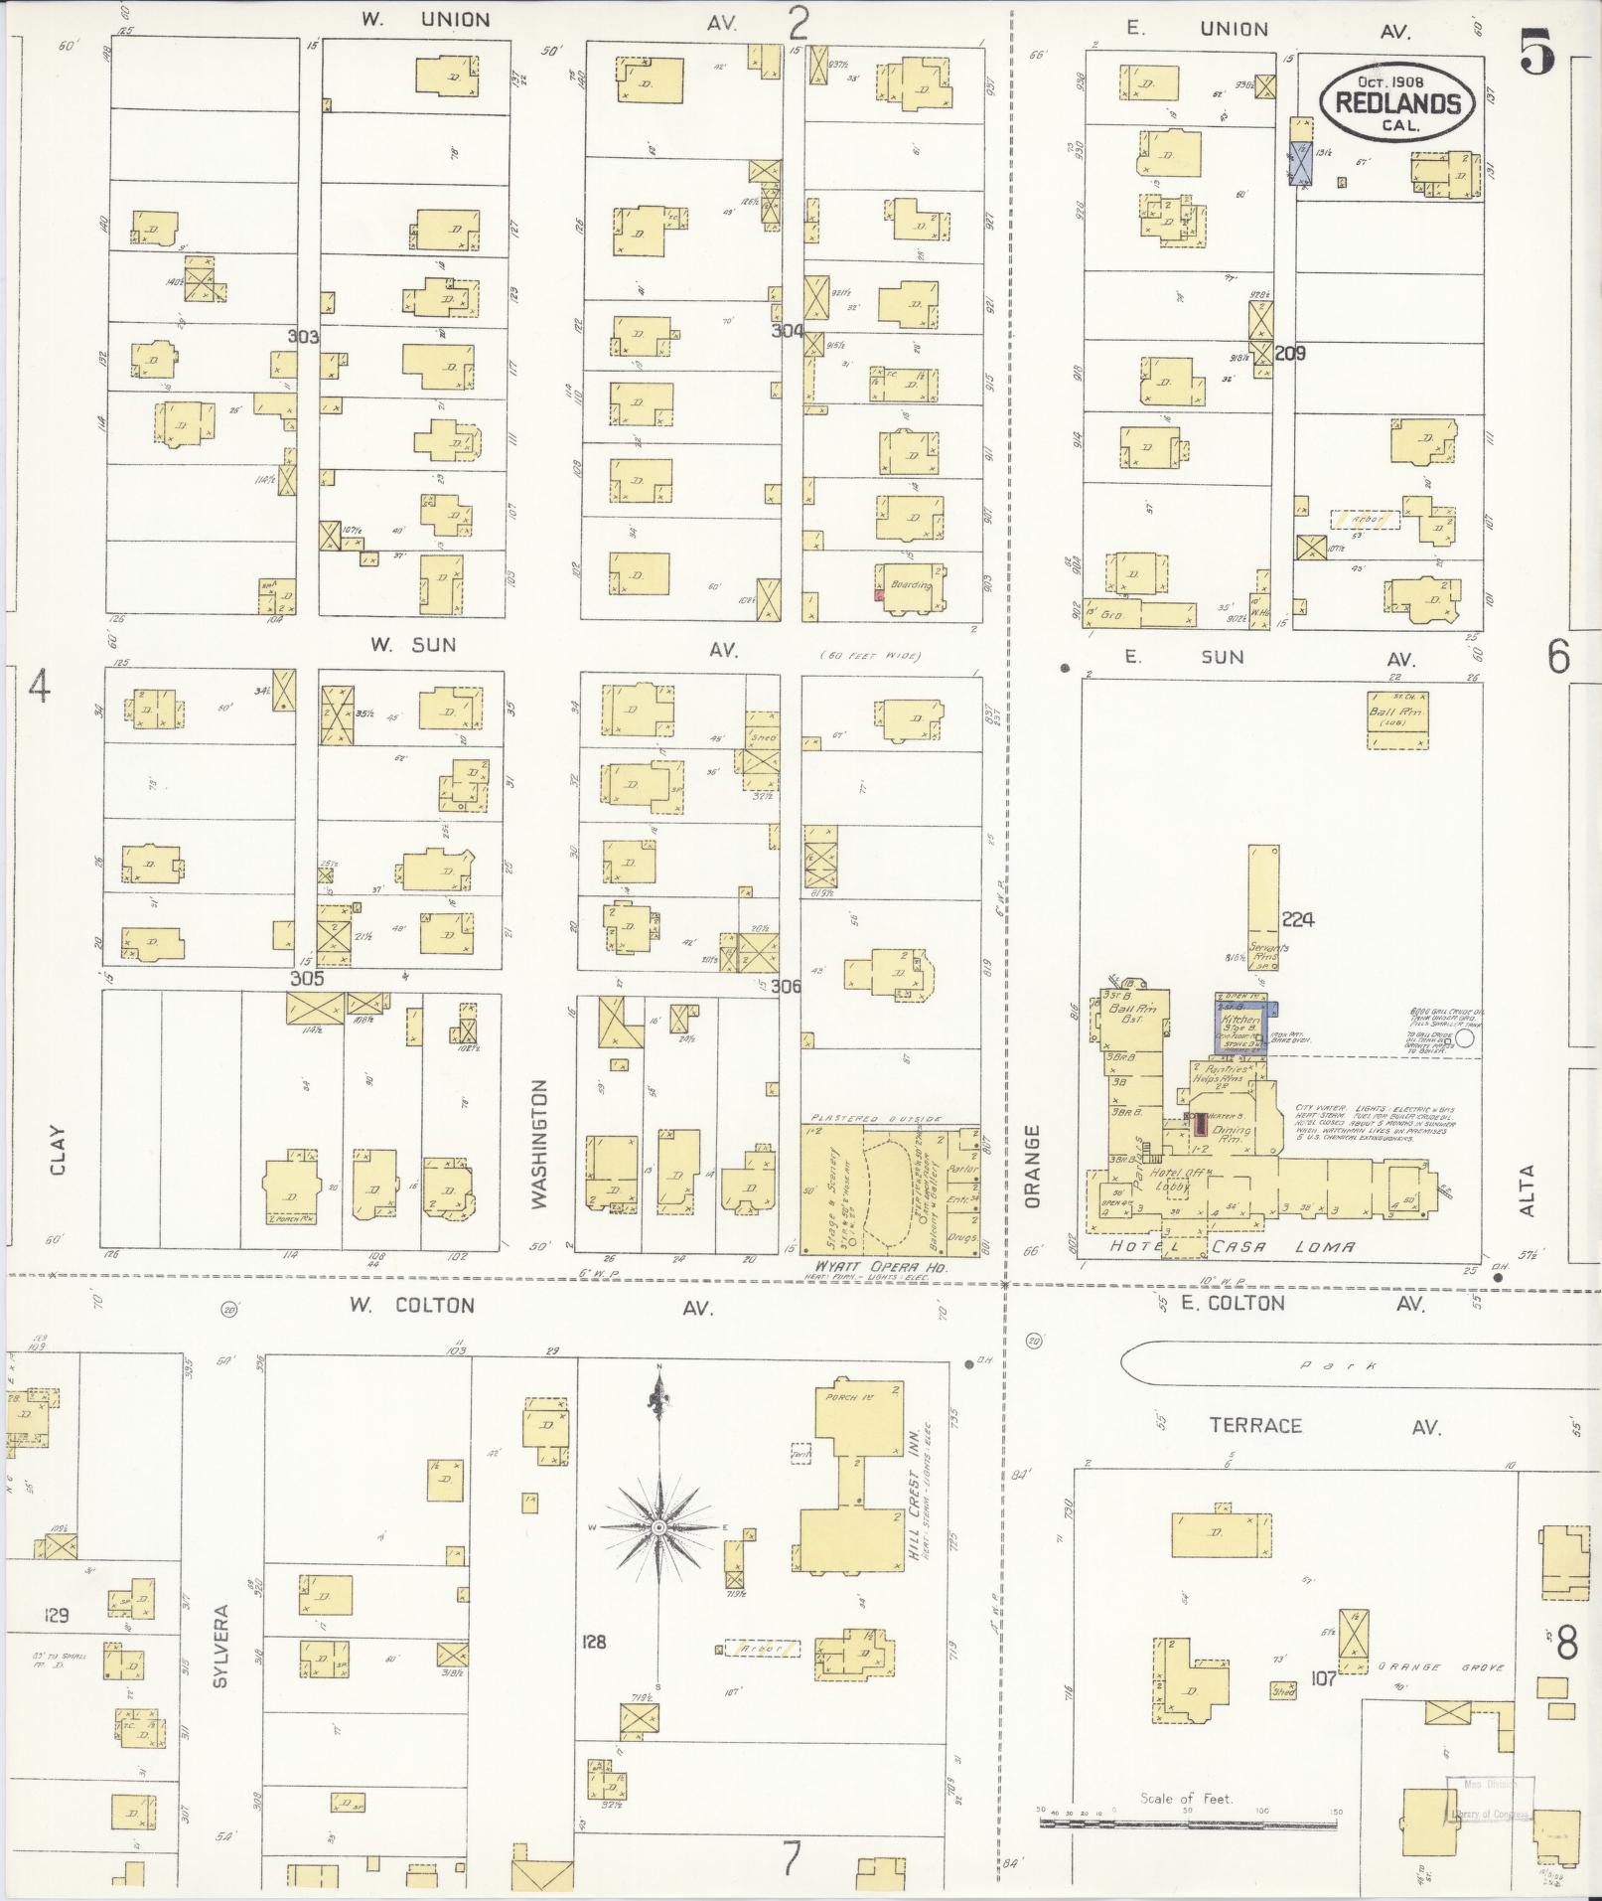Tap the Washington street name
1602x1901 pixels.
540,1145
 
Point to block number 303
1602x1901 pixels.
303,337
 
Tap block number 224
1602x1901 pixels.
1297,919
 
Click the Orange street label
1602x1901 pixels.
1031,1167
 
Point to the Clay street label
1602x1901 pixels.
57,1150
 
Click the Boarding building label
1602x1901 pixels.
911,584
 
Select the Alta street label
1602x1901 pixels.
1528,1190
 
